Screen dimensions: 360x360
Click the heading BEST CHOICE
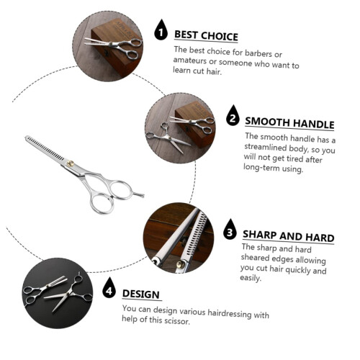point(206,36)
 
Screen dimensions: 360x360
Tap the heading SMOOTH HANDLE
point(289,123)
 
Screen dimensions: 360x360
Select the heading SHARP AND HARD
point(288,236)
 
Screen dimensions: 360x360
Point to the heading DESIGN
point(141,294)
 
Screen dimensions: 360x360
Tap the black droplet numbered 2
point(233,115)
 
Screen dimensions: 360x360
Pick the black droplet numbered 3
point(230,230)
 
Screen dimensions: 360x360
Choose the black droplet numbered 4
point(109,288)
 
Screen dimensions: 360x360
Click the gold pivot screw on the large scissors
point(70,163)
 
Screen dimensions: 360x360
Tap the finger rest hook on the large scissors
point(138,194)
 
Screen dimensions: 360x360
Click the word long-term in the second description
point(261,167)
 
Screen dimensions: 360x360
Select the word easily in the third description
point(251,278)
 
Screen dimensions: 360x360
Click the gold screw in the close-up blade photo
point(180,264)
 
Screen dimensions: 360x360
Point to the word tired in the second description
point(293,158)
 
